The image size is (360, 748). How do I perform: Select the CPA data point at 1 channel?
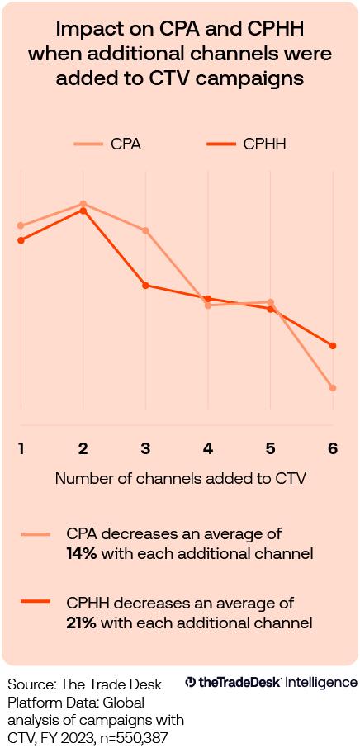pos(21,225)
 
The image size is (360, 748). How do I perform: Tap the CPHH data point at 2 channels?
pos(83,211)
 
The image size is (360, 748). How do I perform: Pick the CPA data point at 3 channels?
pos(145,230)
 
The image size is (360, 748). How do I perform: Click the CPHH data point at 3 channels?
pos(145,286)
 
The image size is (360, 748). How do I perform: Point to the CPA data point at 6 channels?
pos(333,388)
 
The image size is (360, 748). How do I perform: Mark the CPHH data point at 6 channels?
pos(333,346)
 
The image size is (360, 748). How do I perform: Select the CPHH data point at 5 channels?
pos(270,309)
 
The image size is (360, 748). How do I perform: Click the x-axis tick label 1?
pos(21,448)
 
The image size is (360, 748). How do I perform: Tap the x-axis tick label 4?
pos(208,448)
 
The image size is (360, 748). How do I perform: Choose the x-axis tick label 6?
pos(333,448)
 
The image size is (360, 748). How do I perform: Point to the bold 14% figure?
pos(82,554)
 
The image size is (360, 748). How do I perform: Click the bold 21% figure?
pos(81,623)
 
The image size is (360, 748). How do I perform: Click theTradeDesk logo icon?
pos(190,683)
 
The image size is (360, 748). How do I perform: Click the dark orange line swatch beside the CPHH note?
pos(36,604)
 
